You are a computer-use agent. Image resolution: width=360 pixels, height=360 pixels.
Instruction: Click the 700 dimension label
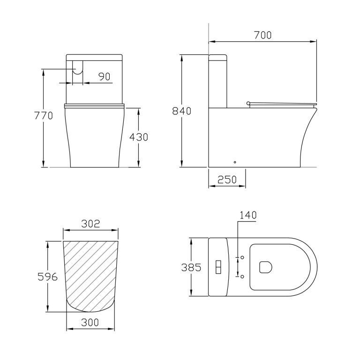262,35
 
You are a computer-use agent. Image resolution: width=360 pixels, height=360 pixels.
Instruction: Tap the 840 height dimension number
181,111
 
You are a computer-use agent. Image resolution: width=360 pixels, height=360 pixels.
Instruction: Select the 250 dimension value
227,180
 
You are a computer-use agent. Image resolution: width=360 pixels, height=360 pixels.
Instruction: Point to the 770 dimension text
44,115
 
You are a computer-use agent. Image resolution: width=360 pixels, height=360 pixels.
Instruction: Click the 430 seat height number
139,137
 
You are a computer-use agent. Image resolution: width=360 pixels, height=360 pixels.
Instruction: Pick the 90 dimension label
105,76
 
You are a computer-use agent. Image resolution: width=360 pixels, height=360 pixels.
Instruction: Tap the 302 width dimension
90,224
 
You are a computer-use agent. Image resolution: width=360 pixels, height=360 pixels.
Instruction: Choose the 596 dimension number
47,277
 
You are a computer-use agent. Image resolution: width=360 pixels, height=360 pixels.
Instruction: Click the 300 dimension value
90,322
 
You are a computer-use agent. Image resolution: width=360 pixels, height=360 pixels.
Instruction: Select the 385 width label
191,267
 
